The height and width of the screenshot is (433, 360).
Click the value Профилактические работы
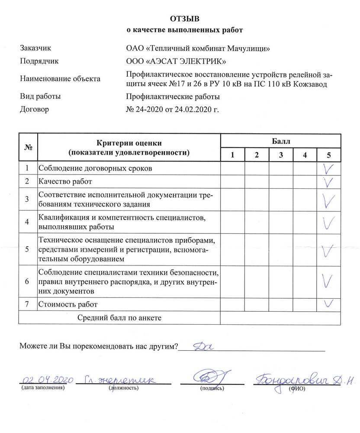click(x=173, y=97)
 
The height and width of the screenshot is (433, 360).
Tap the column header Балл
click(x=281, y=141)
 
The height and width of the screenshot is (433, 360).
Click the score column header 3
click(x=281, y=155)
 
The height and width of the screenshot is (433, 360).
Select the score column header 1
click(x=232, y=155)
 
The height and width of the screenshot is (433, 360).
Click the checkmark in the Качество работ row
click(x=329, y=181)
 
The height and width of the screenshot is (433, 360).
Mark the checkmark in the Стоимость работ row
click(x=328, y=303)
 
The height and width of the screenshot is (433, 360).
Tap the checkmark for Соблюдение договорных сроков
click(x=329, y=168)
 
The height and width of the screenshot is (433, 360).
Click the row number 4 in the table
click(x=27, y=222)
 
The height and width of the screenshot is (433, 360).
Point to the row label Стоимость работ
click(x=68, y=304)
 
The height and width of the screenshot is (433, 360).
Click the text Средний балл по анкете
click(x=119, y=318)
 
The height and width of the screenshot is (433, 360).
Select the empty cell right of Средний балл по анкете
click(x=281, y=318)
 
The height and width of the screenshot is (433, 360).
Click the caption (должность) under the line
click(x=124, y=388)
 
